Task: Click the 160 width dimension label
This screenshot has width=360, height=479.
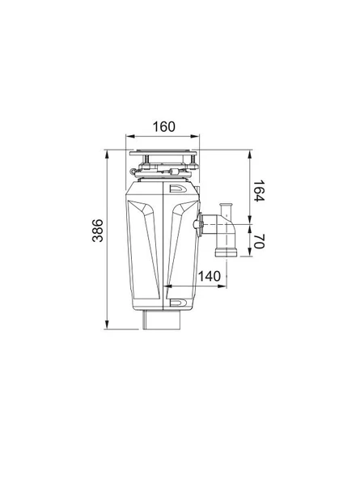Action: pos(164,127)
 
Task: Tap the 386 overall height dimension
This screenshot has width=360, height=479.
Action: pos(98,231)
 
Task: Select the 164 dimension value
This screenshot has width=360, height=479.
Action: pos(258,191)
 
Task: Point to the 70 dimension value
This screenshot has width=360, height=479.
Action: pos(258,241)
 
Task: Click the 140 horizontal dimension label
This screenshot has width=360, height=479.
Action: pos(210,276)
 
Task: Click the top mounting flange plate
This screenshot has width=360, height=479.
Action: pos(163,152)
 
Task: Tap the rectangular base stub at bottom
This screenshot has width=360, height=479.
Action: pos(162,320)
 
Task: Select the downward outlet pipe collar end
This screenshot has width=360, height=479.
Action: pos(227,252)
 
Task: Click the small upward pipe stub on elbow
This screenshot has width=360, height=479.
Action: pos(227,210)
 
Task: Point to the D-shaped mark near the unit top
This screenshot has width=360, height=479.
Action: pos(178,189)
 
